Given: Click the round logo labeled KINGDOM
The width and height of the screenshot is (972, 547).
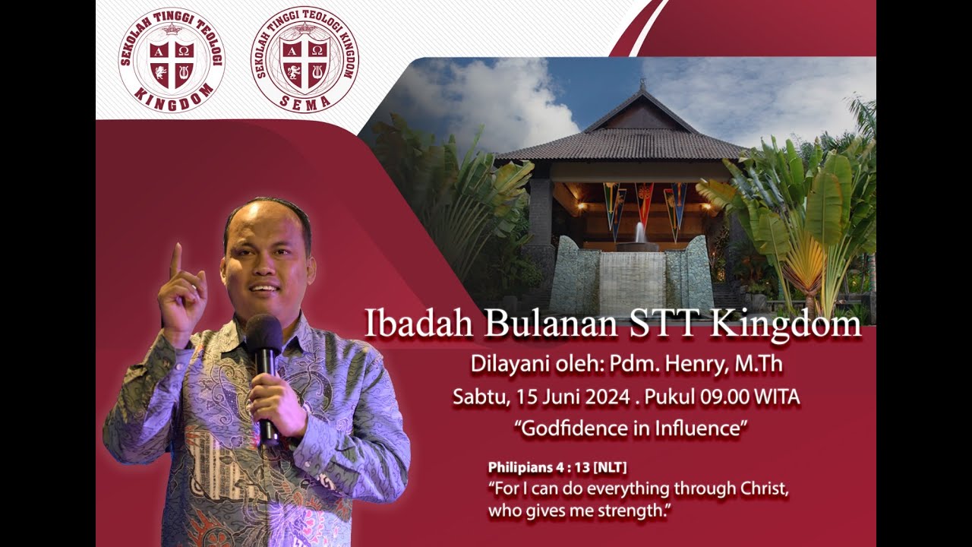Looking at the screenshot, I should click(x=172, y=60).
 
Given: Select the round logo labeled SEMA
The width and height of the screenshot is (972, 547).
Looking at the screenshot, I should click(x=305, y=60).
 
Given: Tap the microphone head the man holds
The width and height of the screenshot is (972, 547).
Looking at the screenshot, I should click(x=264, y=333).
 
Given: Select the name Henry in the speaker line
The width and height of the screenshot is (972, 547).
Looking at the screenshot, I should click(x=696, y=365).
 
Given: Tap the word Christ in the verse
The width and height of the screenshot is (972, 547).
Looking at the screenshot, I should click(x=761, y=489).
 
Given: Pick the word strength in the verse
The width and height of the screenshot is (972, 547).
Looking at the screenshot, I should click(x=631, y=511).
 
